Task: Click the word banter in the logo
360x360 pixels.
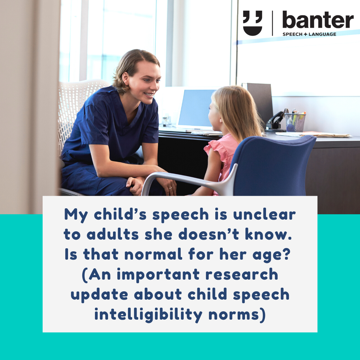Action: tap(318, 20)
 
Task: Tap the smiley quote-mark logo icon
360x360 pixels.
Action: tap(253, 23)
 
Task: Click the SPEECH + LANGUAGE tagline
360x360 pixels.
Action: tap(309, 34)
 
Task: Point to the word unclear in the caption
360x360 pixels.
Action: tap(264, 214)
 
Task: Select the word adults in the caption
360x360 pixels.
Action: tap(113, 234)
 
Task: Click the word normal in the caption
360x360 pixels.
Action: tap(153, 254)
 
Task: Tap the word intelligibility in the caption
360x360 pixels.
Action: tap(148, 315)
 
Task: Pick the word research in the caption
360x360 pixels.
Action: tap(242, 275)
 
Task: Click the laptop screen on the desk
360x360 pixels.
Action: tap(196, 108)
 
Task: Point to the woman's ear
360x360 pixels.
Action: tap(125, 79)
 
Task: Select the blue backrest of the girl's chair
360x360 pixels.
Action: tap(273, 166)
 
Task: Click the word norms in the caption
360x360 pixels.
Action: tap(237, 315)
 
